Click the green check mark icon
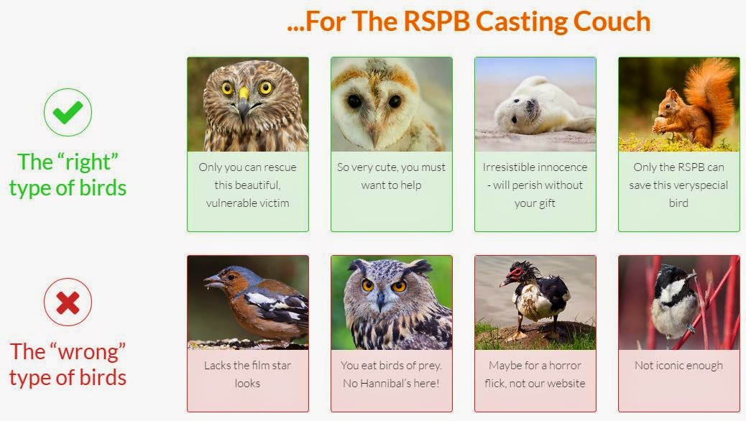tap(68, 112)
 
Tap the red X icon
tap(68, 302)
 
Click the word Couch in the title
tap(612, 22)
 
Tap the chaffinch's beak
tap(213, 281)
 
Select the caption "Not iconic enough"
tap(678, 366)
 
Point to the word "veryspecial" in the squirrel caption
tap(700, 185)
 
